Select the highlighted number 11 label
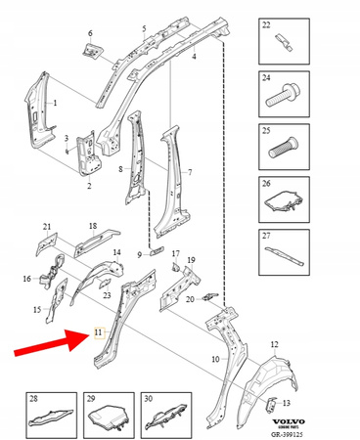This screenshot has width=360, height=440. click(x=97, y=334)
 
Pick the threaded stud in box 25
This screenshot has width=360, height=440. click(x=283, y=154)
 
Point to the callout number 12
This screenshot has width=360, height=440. click(x=275, y=344)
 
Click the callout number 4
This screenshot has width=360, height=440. click(x=193, y=58)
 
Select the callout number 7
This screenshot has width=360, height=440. click(x=190, y=173)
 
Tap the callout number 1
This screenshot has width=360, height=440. click(x=54, y=103)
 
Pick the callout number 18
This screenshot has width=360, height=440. click(x=93, y=226)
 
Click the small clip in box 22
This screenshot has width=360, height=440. click(x=284, y=42)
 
